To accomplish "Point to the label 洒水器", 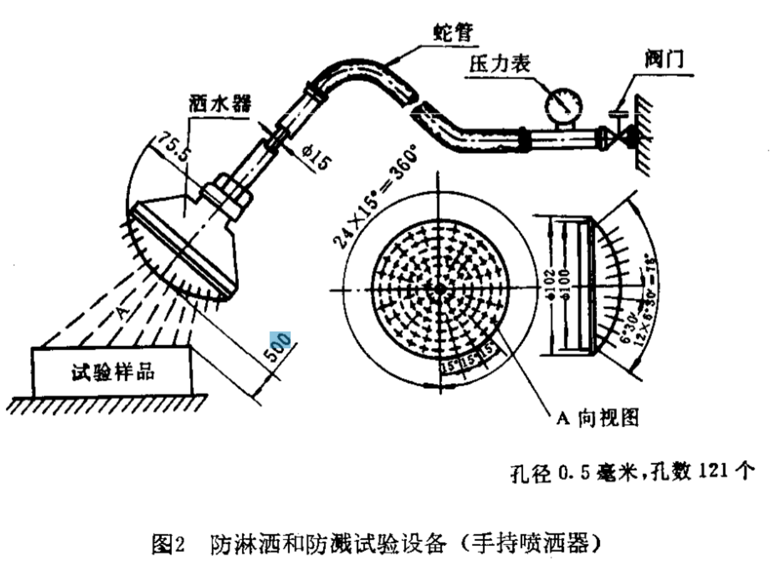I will click(219, 104).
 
